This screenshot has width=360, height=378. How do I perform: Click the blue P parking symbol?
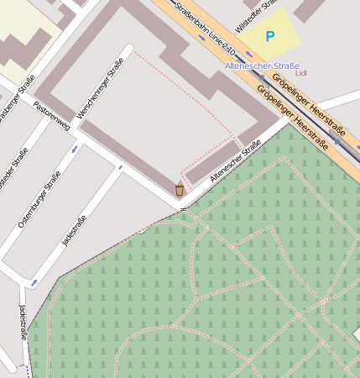coord(269,36)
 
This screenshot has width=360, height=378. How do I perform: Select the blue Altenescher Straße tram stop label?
coord(262,66)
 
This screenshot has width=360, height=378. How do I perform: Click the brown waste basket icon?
coord(179,190)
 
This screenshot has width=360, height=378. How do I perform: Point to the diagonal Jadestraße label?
coord(75,231)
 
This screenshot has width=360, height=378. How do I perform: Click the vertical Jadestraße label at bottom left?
coord(23,322)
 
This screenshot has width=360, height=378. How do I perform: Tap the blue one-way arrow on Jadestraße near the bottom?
coord(34,283)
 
